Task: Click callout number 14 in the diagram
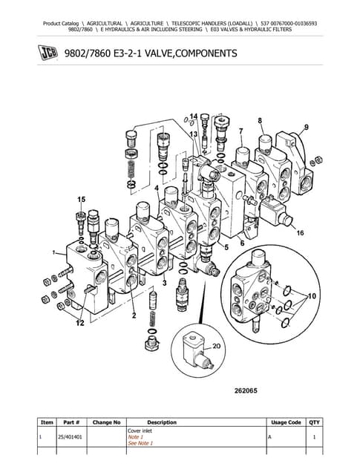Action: coord(193,117)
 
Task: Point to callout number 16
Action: coord(300,233)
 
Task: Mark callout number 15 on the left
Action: coord(80,200)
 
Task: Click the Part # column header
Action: coord(73,422)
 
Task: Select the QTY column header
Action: coord(315,422)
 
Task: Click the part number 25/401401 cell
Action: coord(73,438)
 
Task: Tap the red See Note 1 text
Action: coord(140,443)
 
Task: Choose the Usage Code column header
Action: coord(285,422)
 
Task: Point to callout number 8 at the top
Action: coord(260,119)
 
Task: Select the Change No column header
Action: coord(106,422)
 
